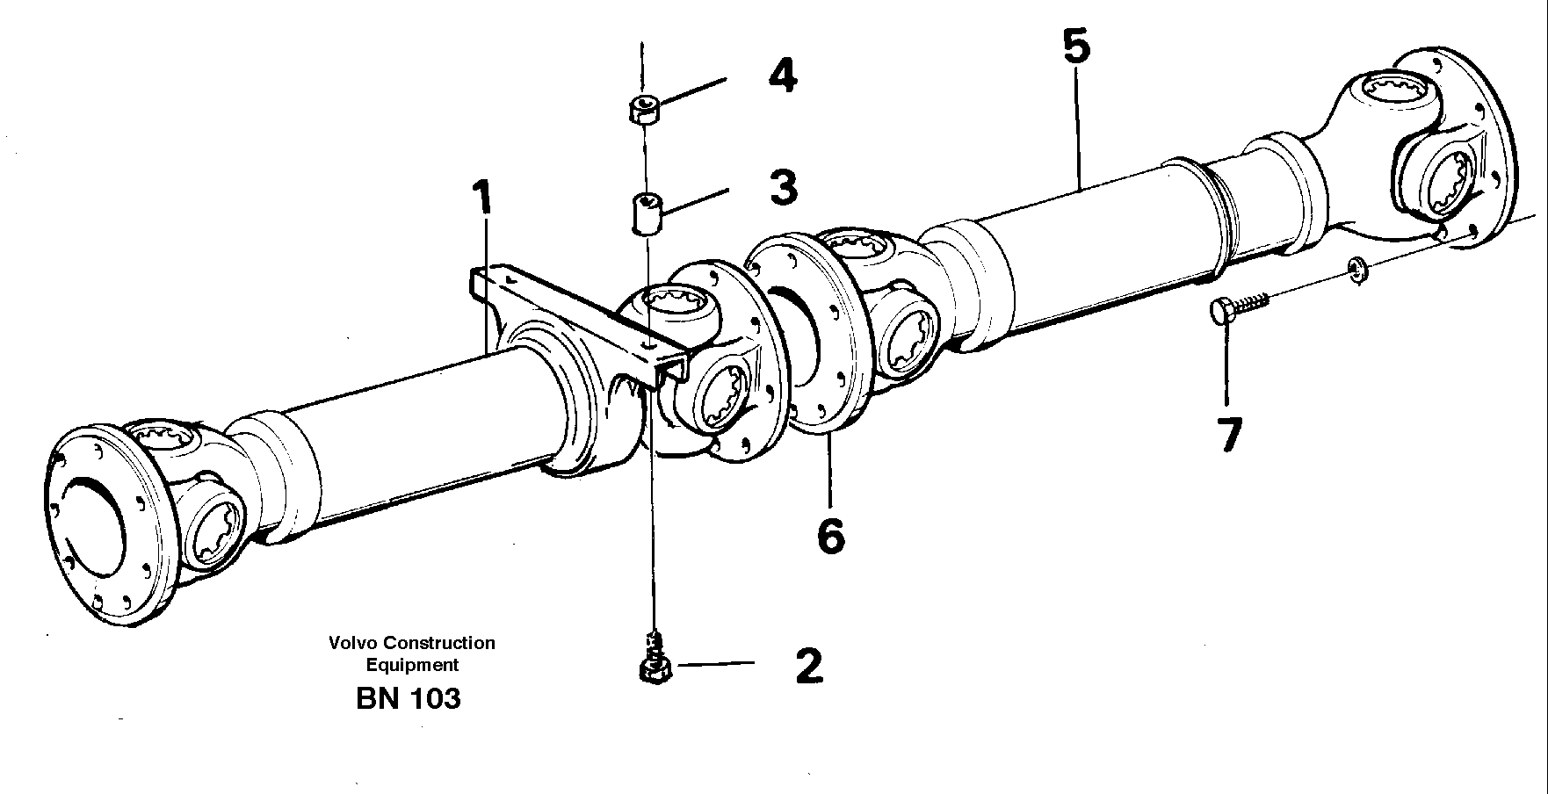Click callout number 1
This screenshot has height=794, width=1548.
click(481, 200)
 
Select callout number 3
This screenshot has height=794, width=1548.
click(783, 188)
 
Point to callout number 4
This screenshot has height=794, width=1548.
click(783, 76)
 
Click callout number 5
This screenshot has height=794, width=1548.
click(1076, 47)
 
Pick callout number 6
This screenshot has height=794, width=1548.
click(830, 535)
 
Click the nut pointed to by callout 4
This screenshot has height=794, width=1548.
click(645, 109)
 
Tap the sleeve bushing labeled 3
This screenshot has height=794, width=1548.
click(646, 214)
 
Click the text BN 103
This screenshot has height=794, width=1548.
click(409, 699)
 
